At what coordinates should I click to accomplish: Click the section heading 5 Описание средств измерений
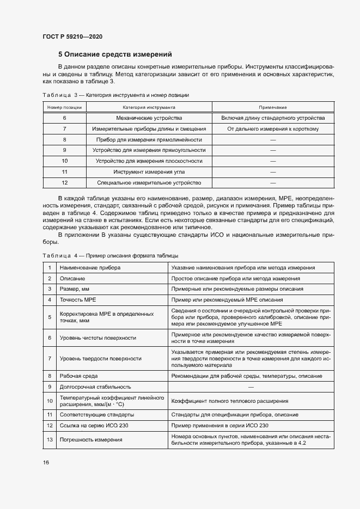[115, 54]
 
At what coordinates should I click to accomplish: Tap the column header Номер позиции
[64, 107]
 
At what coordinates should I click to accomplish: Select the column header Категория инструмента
[149, 107]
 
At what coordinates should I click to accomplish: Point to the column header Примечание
[273, 107]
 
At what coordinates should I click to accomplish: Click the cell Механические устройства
[149, 118]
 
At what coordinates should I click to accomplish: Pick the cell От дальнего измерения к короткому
[273, 129]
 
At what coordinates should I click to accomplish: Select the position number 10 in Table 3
[64, 161]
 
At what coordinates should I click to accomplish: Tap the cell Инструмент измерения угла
[149, 172]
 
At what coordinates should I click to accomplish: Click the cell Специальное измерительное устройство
[149, 183]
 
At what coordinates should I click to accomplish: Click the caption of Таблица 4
[109, 256]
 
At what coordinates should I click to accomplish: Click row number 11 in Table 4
[50, 414]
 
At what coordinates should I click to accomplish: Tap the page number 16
[46, 463]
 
